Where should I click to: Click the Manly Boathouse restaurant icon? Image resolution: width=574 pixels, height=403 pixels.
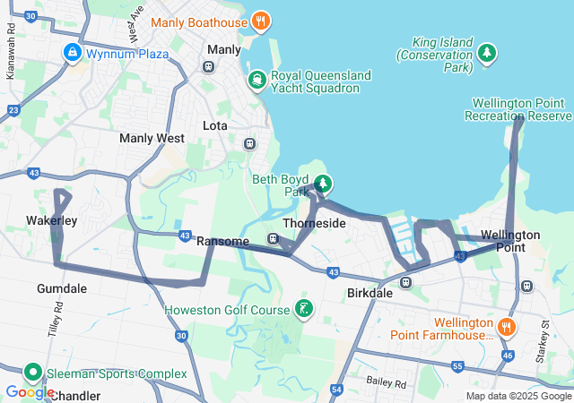[x=260, y=21]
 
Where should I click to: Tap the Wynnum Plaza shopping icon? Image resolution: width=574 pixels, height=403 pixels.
[x=72, y=54]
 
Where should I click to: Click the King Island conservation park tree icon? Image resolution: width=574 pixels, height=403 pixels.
[x=487, y=54]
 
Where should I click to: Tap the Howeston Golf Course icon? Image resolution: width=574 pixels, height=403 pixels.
[x=304, y=310]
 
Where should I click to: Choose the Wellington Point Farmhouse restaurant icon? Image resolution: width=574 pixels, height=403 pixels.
[x=508, y=328]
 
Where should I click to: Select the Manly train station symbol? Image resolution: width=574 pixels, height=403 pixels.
[x=208, y=66]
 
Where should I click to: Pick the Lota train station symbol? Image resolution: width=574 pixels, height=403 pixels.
[x=250, y=143]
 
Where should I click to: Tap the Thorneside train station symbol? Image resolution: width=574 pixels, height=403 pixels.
[x=273, y=238]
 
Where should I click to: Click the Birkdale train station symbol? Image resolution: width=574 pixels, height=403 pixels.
[x=405, y=283]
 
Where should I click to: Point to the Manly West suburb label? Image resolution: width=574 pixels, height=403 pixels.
[x=152, y=139]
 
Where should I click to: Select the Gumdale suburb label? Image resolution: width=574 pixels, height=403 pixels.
[x=62, y=288]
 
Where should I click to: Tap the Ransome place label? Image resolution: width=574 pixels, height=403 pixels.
[x=222, y=241]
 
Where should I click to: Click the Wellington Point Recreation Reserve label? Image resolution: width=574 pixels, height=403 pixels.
[x=517, y=109]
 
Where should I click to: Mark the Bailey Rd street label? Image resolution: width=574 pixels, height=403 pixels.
[x=387, y=382]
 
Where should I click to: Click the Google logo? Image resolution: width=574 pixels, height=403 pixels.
[x=30, y=392]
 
